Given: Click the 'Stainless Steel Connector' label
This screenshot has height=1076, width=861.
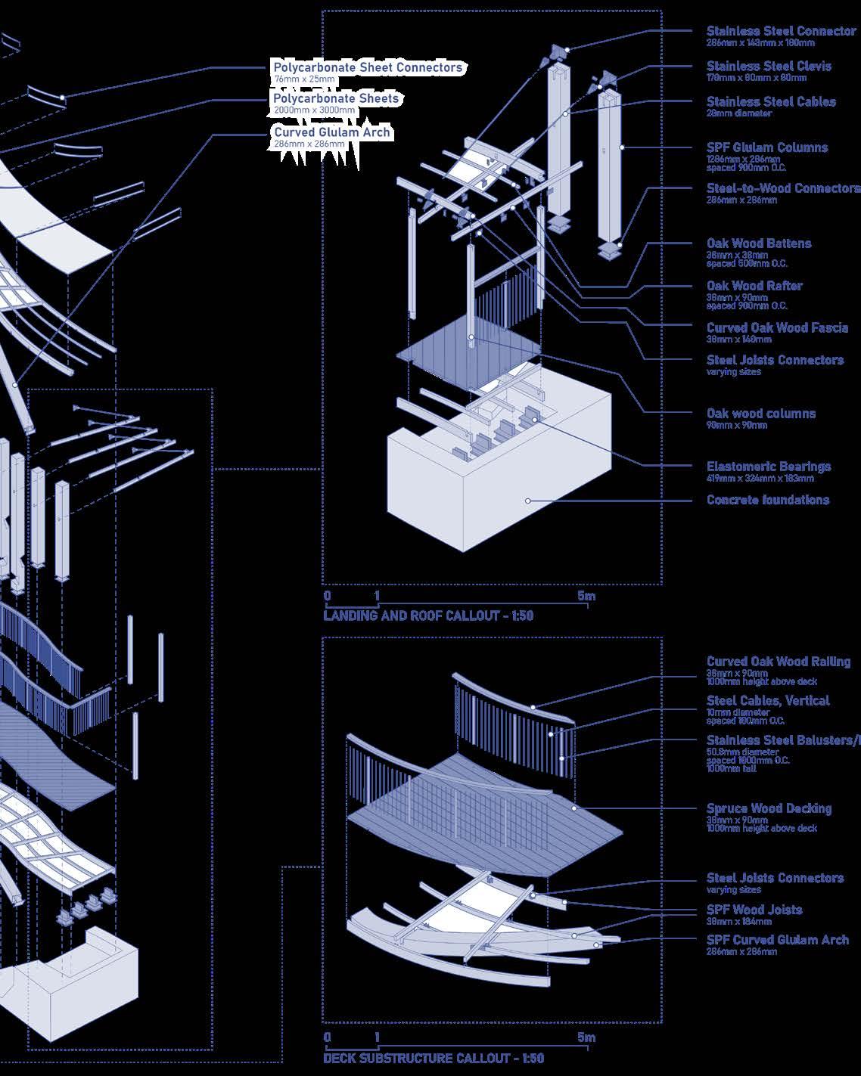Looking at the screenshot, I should (x=781, y=31).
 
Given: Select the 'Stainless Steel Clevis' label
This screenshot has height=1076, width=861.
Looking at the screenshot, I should (x=769, y=66).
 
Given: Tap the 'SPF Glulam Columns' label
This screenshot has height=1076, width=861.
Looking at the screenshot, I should (x=767, y=147).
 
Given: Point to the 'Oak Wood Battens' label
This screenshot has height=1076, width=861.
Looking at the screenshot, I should (x=759, y=243).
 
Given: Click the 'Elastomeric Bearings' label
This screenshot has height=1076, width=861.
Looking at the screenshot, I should (x=769, y=467).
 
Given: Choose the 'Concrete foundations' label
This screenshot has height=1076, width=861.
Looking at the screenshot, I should (x=768, y=500).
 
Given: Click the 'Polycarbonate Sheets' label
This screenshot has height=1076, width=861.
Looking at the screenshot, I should (x=336, y=98).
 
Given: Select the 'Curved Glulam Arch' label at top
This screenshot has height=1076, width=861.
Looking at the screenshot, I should (x=332, y=132).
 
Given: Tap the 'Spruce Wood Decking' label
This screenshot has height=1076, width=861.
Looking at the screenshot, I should (x=769, y=808).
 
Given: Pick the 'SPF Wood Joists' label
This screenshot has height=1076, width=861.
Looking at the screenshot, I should (x=754, y=910).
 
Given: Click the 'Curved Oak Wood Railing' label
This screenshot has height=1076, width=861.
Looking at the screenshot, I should (x=779, y=662).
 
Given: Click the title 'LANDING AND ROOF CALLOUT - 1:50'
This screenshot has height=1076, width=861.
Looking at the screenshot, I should (x=428, y=616).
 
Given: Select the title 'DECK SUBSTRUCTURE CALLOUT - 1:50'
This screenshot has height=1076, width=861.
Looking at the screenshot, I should (x=434, y=1058).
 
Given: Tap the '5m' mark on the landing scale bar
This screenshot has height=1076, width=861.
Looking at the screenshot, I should (x=586, y=596).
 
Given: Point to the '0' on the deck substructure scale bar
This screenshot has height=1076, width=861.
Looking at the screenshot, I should (x=328, y=1037).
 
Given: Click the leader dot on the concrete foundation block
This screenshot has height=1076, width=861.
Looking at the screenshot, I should (x=528, y=501).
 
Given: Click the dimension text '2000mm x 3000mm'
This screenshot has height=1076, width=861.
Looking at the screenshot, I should (x=314, y=110).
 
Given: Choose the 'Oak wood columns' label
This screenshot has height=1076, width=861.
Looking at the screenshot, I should (x=761, y=414).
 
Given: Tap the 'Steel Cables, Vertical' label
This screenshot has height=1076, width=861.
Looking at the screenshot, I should (x=768, y=701).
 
